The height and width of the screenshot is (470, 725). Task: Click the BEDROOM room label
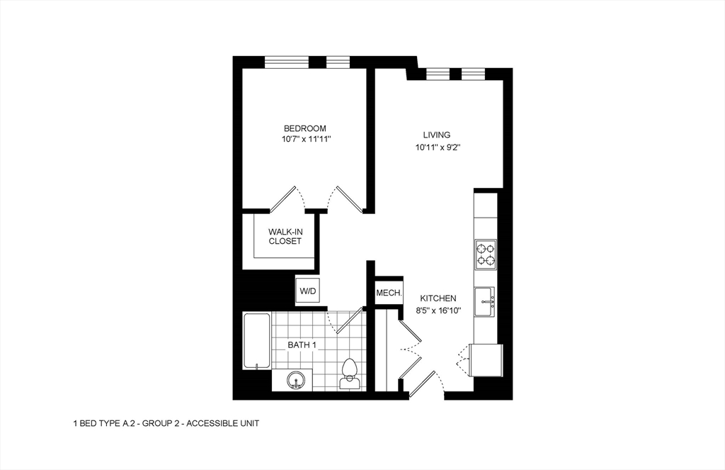304,128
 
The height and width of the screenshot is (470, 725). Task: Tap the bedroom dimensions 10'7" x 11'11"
304,140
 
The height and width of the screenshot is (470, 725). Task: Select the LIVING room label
437,135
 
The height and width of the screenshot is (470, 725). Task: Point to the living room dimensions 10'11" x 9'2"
437,147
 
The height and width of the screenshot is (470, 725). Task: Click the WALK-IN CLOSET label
285,236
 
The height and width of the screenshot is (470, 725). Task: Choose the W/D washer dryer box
307,291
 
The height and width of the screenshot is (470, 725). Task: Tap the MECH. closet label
389,293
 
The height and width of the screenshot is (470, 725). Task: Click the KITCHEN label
438,298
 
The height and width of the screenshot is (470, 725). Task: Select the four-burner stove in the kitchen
485,254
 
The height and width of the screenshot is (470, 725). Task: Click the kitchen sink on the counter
485,301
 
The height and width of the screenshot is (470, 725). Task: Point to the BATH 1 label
302,345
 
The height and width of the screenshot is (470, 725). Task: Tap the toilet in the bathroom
348,374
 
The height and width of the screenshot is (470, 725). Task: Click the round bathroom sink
297,381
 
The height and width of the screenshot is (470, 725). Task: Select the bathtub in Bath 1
256,341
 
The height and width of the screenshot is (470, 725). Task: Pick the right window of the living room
472,73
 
